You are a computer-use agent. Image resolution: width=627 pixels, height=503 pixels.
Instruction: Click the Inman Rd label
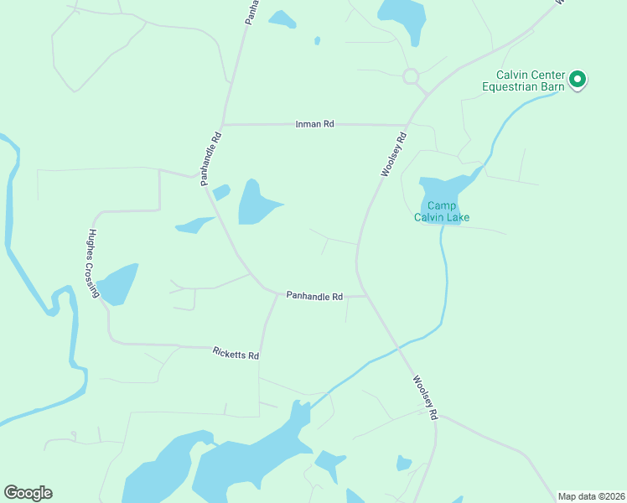point(315,124)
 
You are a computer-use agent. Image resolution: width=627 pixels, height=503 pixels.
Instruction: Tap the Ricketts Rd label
point(236,355)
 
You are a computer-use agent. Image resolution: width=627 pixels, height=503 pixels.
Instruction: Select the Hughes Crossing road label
point(93,263)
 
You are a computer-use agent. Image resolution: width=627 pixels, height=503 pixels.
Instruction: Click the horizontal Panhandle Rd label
point(314,296)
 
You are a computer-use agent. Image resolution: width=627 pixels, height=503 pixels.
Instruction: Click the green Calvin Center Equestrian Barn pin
point(578,80)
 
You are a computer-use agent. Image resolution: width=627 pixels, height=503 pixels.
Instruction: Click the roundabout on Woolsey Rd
point(411,76)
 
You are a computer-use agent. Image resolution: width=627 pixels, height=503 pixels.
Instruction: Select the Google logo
point(28,493)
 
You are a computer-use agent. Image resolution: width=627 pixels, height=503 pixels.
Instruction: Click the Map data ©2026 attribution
point(590,496)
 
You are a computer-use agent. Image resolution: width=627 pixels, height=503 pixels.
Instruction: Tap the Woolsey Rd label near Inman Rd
point(393,153)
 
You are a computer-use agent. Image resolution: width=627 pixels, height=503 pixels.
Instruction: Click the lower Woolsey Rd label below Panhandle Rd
point(425,397)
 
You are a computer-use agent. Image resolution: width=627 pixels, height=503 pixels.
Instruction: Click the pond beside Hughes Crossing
point(117,283)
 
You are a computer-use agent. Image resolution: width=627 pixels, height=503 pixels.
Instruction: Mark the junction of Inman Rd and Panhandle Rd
point(224,124)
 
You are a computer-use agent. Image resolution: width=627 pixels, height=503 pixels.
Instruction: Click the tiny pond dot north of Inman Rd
point(317,39)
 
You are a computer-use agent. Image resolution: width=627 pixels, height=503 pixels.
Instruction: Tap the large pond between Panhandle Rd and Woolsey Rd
point(255,203)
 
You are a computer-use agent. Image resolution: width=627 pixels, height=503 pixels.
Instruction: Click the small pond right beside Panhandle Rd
point(221,192)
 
